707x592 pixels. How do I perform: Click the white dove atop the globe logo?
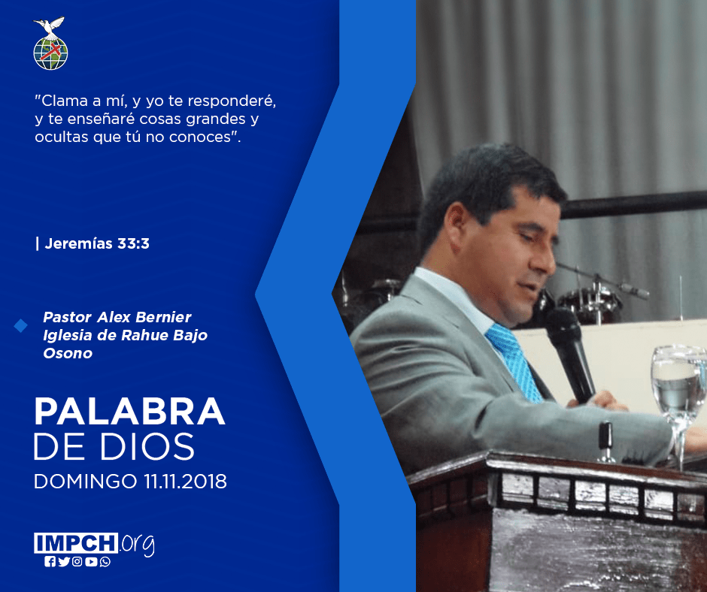point(49,26)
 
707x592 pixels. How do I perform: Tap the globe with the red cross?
point(50,53)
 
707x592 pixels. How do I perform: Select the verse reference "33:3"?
point(133,243)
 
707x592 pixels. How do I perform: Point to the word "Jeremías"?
point(78,243)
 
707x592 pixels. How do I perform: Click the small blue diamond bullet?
point(20,325)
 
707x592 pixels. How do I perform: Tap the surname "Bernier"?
point(163,317)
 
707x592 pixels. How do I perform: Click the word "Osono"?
point(68,353)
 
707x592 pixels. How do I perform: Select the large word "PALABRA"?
point(129,411)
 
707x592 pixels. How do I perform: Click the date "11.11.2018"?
point(185,481)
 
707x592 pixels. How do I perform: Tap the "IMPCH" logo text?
point(76,543)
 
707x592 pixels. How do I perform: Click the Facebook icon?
point(50,562)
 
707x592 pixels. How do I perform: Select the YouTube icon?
point(91,562)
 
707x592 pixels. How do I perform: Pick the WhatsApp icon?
point(105,562)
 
